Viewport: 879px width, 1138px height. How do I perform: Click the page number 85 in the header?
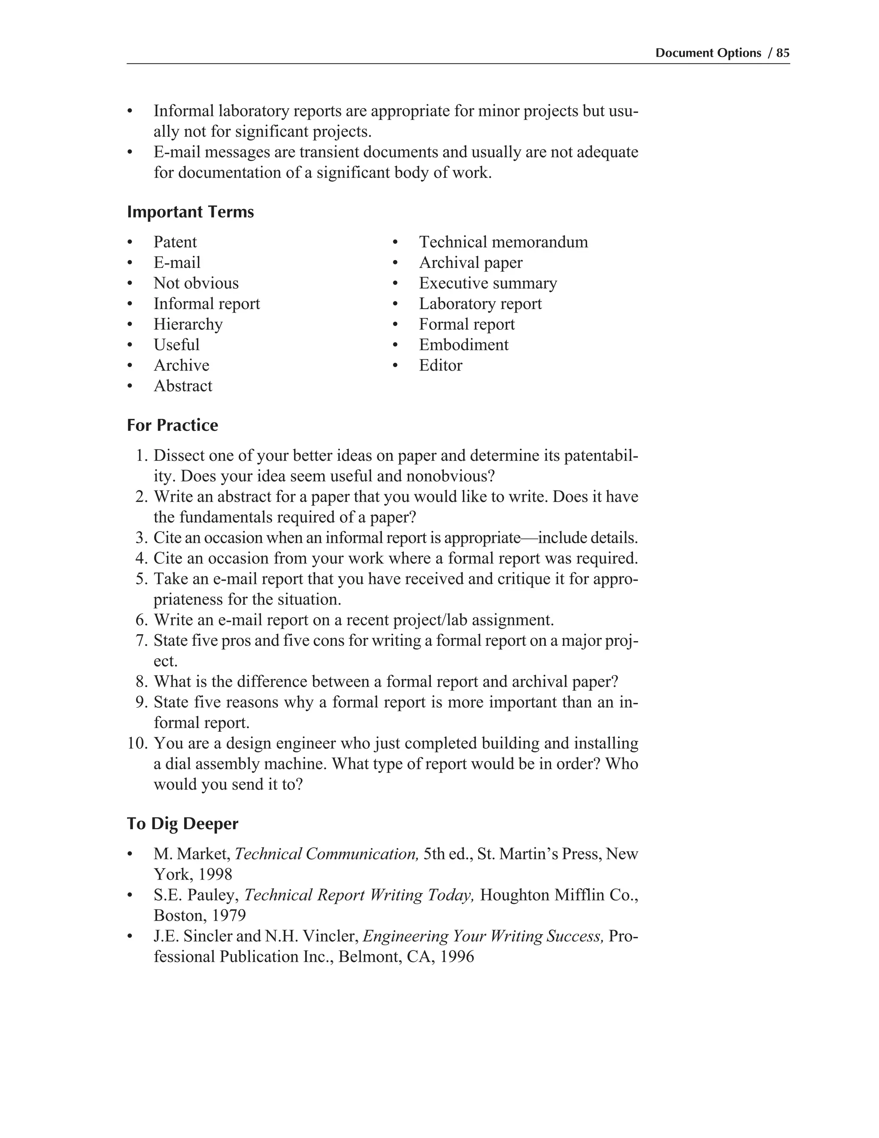pos(783,53)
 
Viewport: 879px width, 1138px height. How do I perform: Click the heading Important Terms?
pos(190,212)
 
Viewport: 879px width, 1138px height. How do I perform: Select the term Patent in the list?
pos(175,242)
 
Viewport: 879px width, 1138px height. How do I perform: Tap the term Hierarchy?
pos(188,325)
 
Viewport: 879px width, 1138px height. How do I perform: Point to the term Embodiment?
pos(464,345)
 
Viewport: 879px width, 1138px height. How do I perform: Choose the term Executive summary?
pos(488,283)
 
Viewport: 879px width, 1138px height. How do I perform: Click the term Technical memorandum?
pos(503,242)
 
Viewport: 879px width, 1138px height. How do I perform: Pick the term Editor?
pos(440,366)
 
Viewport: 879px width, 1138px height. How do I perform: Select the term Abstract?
pos(183,386)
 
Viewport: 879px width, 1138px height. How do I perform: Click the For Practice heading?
pos(173,425)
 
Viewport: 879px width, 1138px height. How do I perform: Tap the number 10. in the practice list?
pos(138,743)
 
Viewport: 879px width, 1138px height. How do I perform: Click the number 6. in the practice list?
pos(142,621)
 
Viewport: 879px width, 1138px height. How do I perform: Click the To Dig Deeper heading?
pos(182,824)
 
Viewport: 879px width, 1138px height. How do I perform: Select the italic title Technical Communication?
pos(327,854)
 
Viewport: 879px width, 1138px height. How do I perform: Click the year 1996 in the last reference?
pos(457,957)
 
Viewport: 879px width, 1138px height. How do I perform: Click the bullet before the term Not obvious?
pos(130,284)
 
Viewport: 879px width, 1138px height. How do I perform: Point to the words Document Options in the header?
pos(708,53)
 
